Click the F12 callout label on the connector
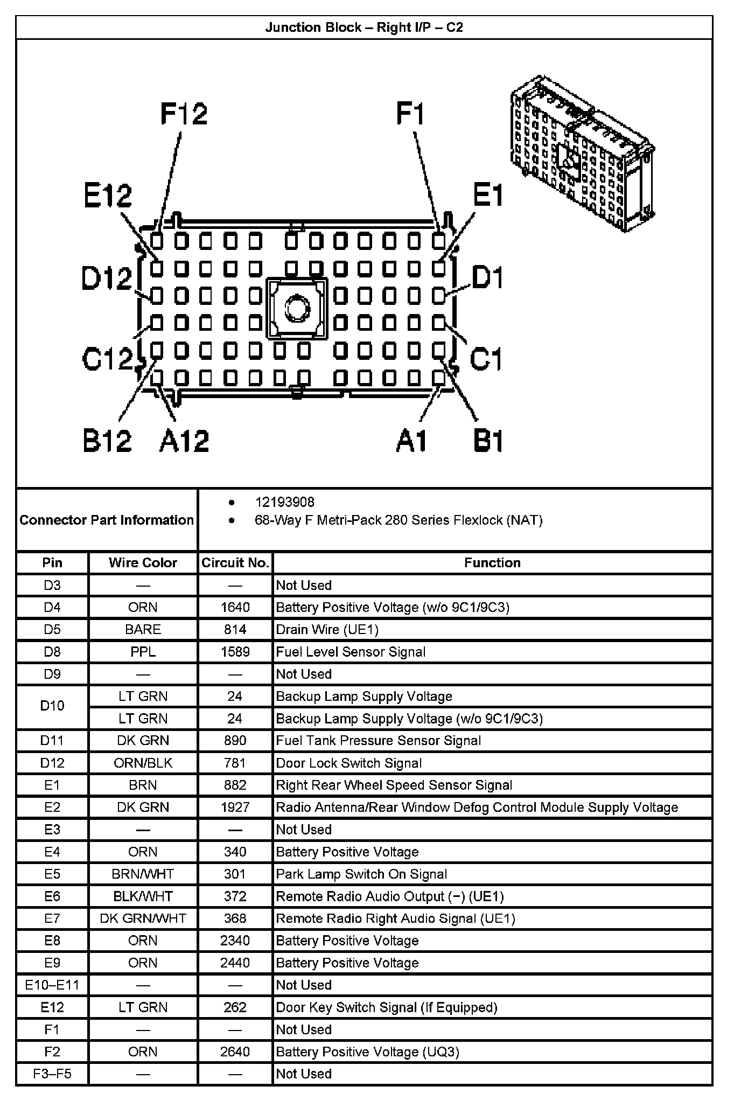(x=184, y=115)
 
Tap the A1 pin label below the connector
(x=411, y=441)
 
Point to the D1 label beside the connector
(x=487, y=278)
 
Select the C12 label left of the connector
(x=107, y=359)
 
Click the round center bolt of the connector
(x=296, y=309)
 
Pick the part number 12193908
(x=284, y=502)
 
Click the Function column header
(x=492, y=563)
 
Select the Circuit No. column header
(x=235, y=563)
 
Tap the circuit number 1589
(x=235, y=652)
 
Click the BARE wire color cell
(x=143, y=630)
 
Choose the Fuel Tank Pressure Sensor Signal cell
(x=378, y=741)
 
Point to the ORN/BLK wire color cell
(x=143, y=763)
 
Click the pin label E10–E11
(x=52, y=985)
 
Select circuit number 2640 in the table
(x=235, y=1052)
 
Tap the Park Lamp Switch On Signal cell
(x=361, y=874)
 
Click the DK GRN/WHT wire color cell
(x=143, y=918)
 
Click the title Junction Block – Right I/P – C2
(x=364, y=27)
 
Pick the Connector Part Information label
(x=107, y=520)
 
